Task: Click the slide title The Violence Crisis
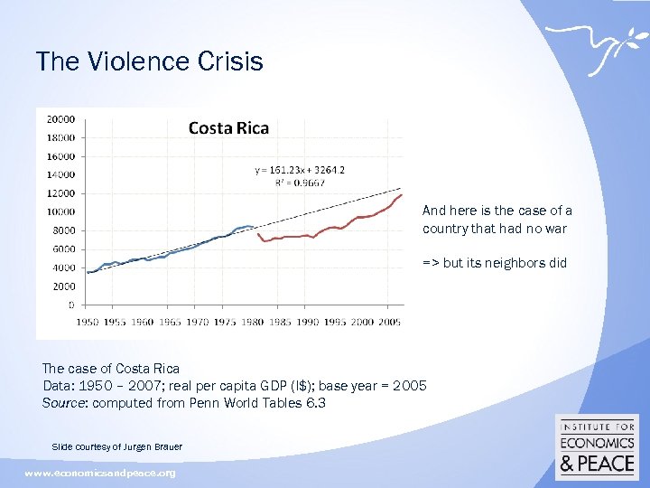[149, 61]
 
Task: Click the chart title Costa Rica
[227, 127]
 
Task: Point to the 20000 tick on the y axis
[60, 118]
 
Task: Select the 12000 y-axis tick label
[60, 192]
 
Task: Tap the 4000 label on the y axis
[63, 267]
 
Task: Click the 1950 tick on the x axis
[87, 322]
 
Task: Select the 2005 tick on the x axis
[389, 322]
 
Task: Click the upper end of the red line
[401, 193]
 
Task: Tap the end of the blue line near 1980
[254, 227]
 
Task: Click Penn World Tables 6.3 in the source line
[255, 403]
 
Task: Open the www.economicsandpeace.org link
[99, 474]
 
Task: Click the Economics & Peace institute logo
[599, 446]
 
